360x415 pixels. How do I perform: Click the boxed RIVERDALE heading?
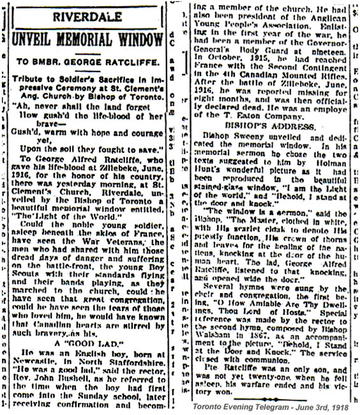87,16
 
